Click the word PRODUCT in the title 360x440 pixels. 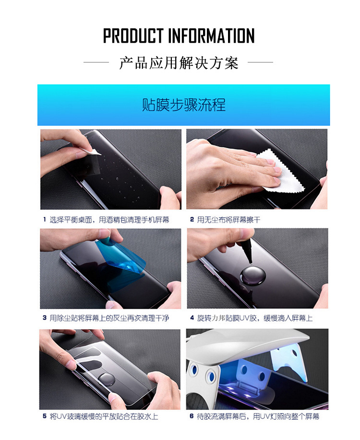click(133, 36)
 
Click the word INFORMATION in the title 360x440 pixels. click(211, 36)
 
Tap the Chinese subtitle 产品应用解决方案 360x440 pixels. click(179, 62)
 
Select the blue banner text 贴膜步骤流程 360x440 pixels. click(184, 105)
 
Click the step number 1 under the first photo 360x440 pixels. click(45, 220)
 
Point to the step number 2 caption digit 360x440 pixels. click(192, 220)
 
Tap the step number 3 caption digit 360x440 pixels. click(45, 318)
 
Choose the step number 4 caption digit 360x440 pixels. click(192, 318)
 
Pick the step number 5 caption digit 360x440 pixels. click(45, 416)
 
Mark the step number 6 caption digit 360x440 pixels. click(192, 416)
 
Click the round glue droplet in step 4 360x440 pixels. click(253, 274)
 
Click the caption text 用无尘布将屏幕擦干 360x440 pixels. click(229, 220)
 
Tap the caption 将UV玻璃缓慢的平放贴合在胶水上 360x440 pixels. click(104, 416)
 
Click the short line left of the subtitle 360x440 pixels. click(96, 62)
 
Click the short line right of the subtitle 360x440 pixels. click(260, 62)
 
